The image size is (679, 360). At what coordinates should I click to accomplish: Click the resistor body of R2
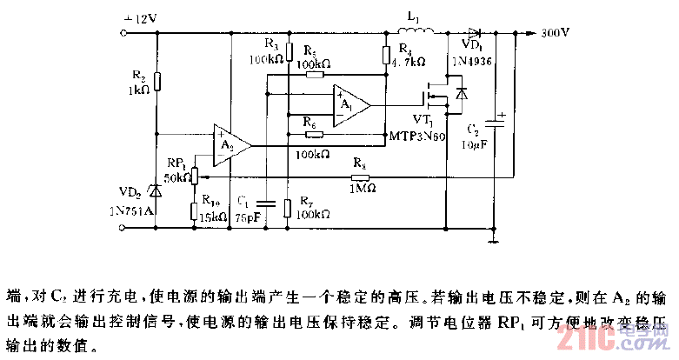pyautogui.click(x=156, y=83)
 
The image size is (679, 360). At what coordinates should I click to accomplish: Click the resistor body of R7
pyautogui.click(x=287, y=207)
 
